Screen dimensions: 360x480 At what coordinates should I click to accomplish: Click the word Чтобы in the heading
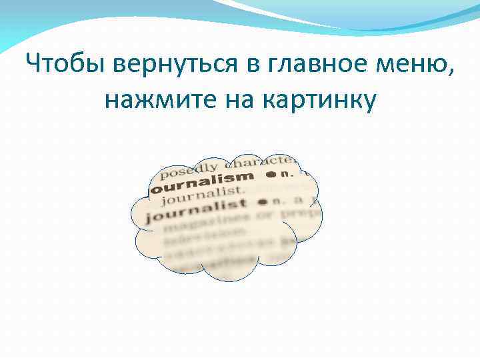[61, 65]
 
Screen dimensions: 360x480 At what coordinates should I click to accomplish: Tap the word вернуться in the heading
[171, 65]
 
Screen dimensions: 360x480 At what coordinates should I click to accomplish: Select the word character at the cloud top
[260, 161]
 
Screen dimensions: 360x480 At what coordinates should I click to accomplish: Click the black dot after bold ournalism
[271, 175]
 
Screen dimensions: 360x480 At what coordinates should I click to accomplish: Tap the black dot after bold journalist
[263, 201]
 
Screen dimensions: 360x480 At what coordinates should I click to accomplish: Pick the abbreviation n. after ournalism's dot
[287, 173]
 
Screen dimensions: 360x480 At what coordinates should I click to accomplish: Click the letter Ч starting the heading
[33, 65]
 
